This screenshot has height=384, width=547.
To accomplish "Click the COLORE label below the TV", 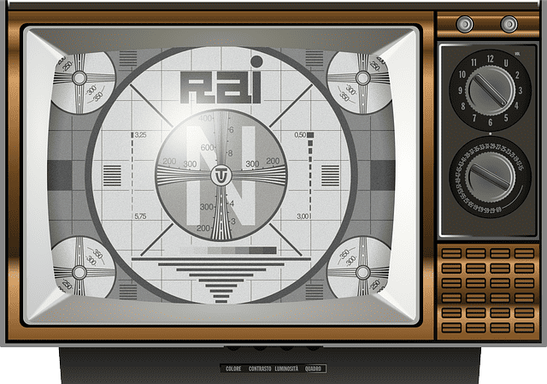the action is point(232,369).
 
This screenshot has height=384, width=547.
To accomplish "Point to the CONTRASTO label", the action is point(261,369).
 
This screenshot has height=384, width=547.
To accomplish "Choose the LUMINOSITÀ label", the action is point(287,369).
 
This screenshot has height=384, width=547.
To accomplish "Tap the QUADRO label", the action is point(314,369).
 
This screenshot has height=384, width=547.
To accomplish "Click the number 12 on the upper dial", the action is point(490,59).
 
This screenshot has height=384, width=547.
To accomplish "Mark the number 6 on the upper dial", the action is point(491,120).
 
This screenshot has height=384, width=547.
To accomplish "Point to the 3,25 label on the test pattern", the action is point(141,135).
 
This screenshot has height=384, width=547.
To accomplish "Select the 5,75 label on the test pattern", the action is point(141,217).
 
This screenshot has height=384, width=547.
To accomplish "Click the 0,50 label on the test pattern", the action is point(300,135).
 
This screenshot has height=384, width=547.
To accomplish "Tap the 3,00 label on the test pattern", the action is point(303,217).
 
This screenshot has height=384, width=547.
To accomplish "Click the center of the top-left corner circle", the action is point(83,79).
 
